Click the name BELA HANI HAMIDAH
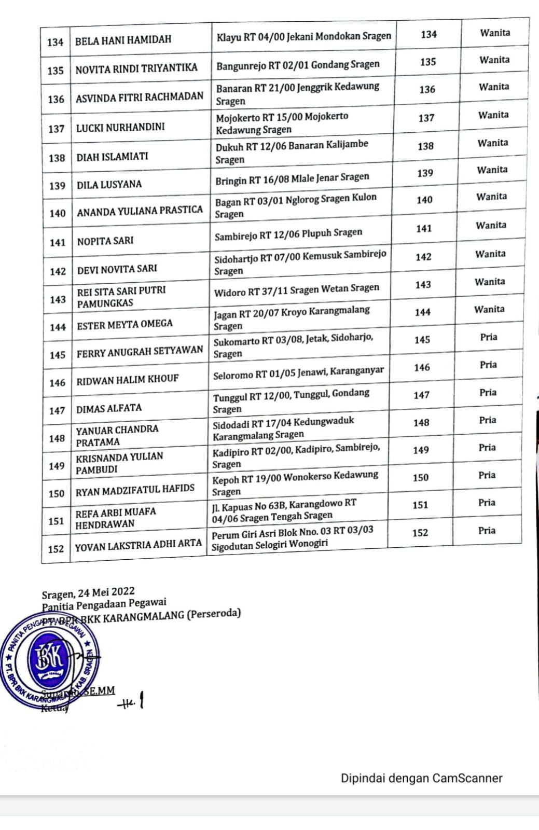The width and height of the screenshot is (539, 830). point(123,40)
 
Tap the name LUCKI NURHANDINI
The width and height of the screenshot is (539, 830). point(120,127)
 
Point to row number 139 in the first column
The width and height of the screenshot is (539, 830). point(57,186)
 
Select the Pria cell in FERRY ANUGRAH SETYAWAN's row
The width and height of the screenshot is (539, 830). point(488,337)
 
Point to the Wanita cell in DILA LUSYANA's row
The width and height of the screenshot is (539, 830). point(492,170)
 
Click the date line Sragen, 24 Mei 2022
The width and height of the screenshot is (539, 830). point(88,592)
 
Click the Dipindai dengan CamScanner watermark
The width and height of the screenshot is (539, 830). point(421,778)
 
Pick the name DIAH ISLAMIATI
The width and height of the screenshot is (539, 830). point(112,156)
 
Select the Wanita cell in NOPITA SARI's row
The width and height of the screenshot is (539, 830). point(491,225)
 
